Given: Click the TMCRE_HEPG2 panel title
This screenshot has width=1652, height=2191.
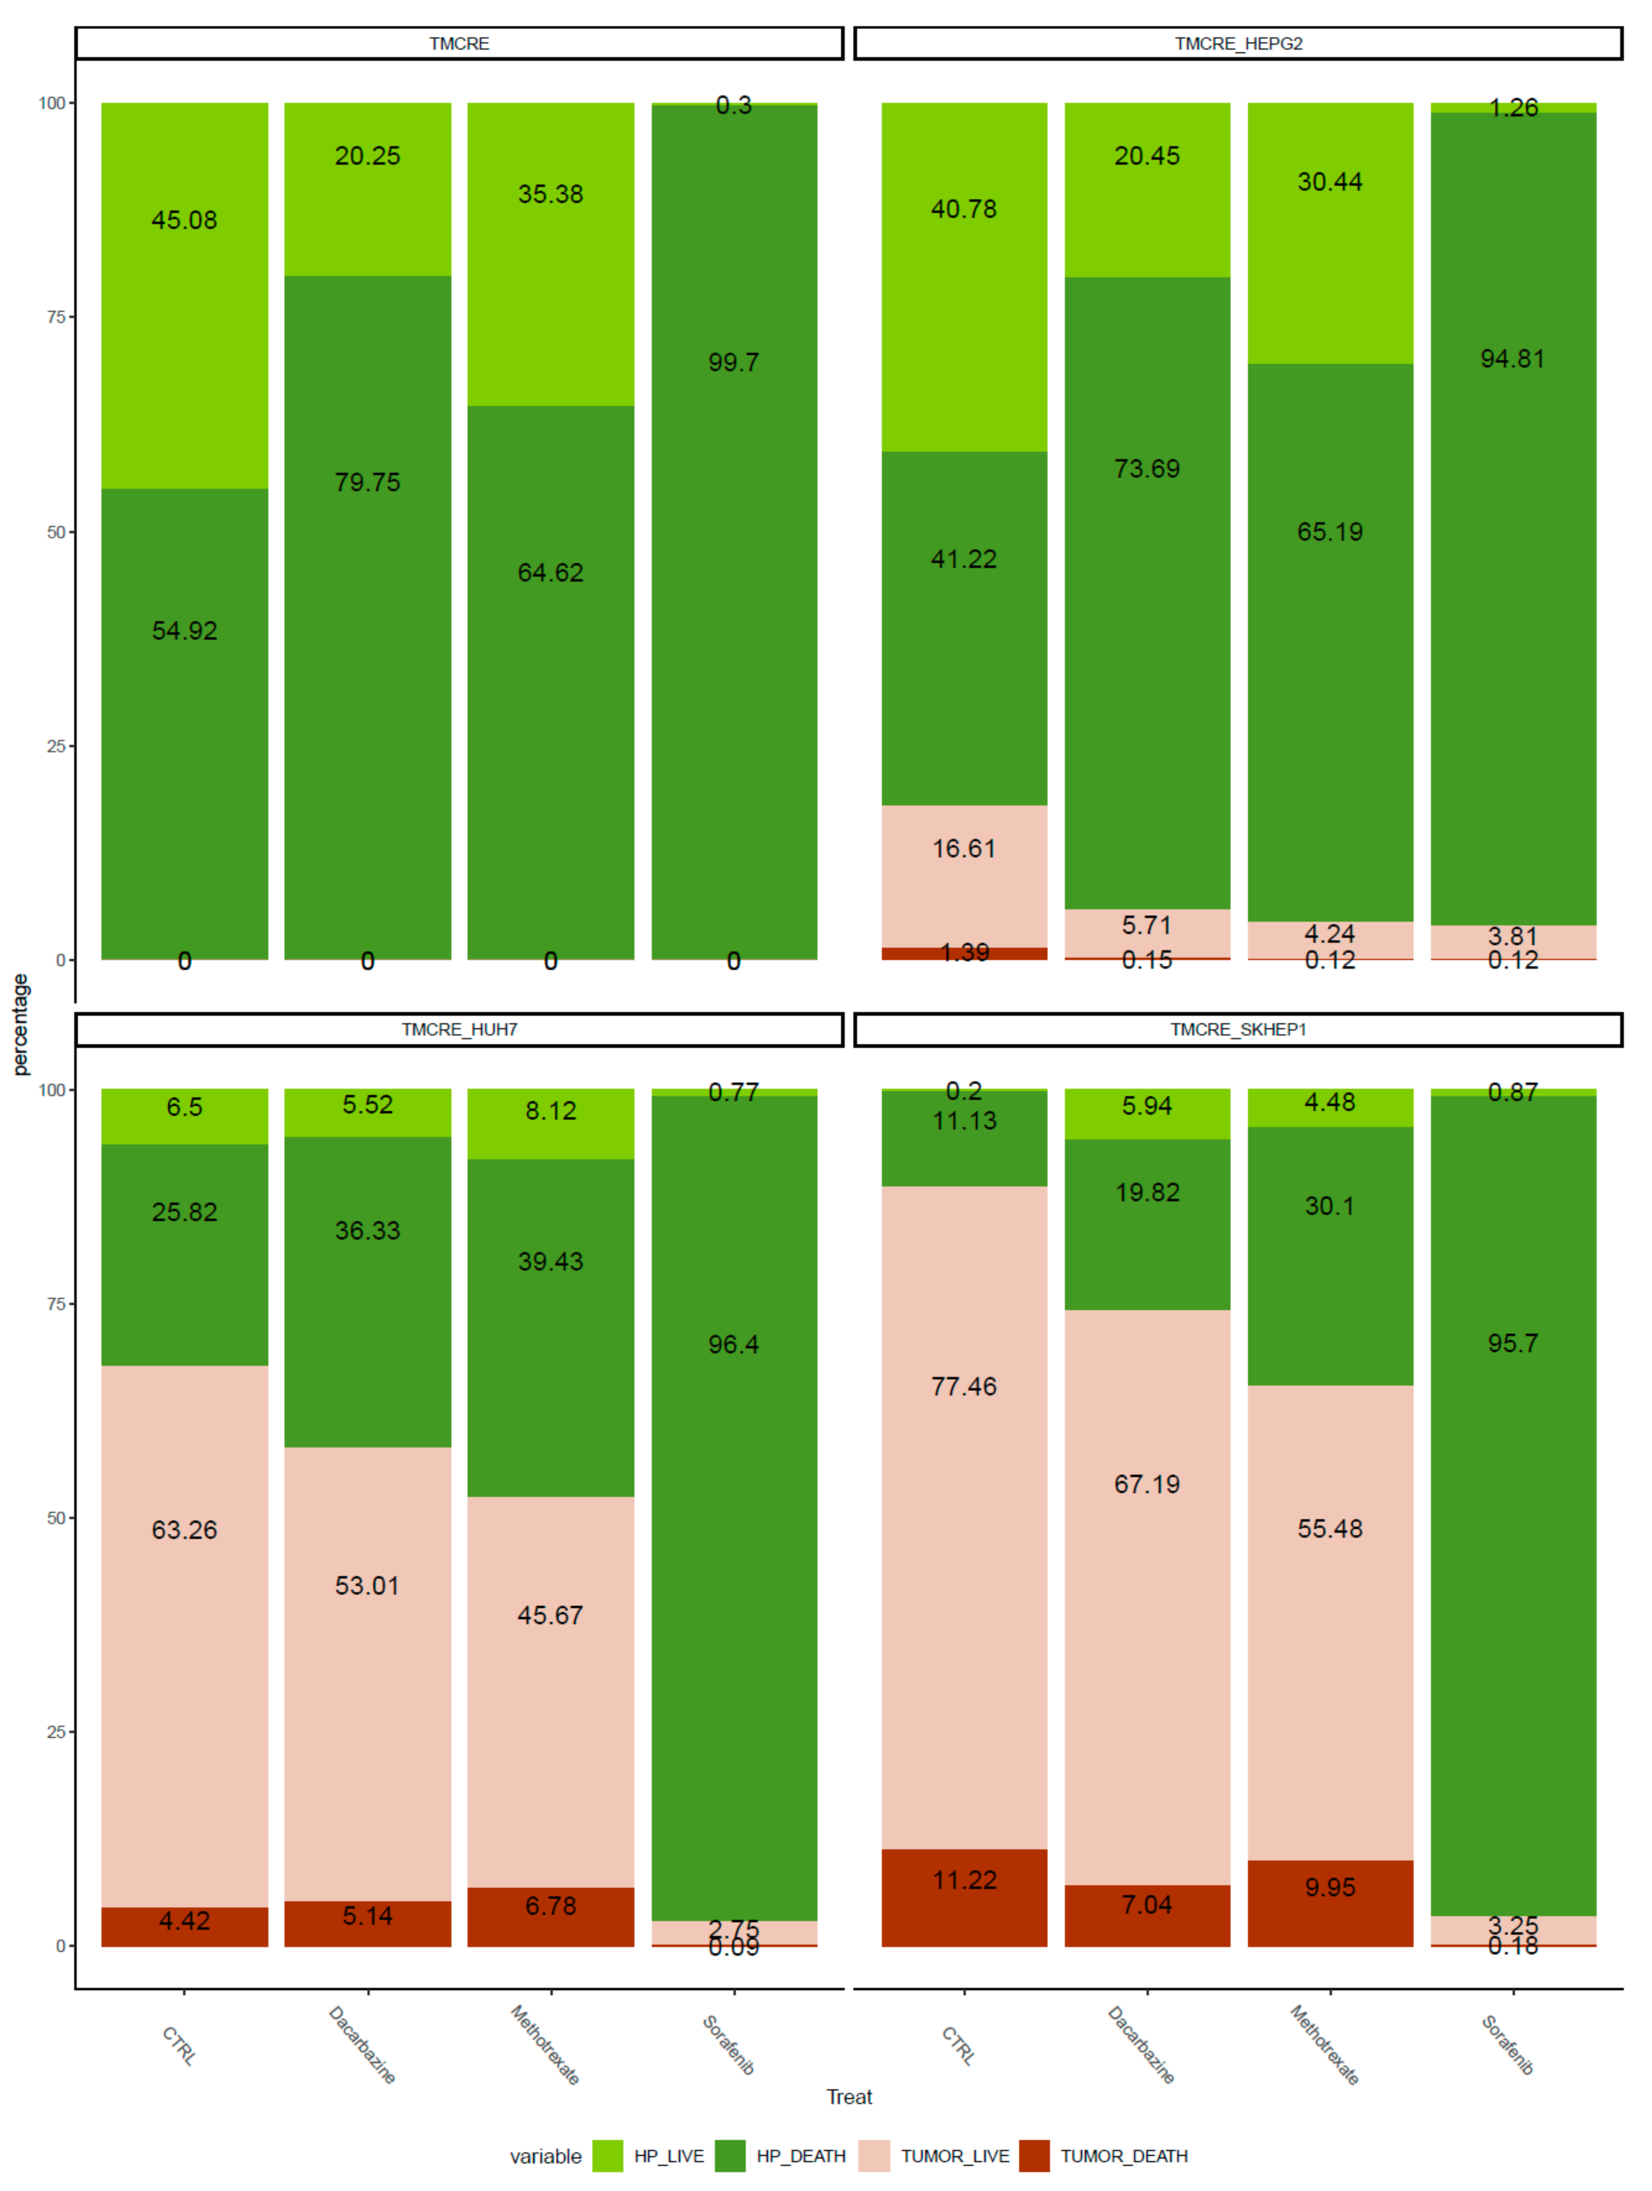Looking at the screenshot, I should point(1238,44).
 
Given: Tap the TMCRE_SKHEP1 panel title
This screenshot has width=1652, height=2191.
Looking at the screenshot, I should point(1238,1029).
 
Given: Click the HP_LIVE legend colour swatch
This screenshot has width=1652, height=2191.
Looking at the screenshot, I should point(607,2155).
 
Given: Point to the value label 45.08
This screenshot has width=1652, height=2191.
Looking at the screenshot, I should point(184,220).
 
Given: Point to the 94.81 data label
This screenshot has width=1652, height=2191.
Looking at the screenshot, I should point(1512,359).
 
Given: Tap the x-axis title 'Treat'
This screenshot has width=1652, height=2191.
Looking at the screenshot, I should point(849,2097).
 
